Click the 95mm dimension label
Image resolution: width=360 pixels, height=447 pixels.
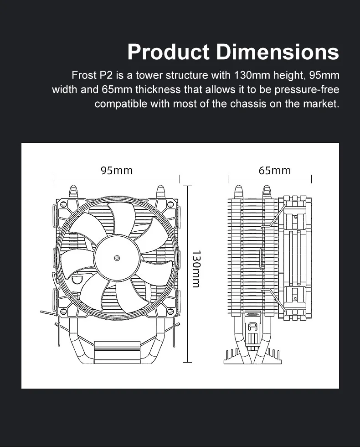117,171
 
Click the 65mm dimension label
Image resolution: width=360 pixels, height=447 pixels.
275,171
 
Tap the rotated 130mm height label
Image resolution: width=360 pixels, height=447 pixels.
196,269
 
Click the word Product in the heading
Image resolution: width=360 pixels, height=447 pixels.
168,52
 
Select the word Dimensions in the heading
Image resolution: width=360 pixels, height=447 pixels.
278,52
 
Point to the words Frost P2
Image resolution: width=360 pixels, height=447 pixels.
92,75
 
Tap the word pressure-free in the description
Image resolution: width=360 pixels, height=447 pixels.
307,89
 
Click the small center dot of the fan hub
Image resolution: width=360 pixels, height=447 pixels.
117,258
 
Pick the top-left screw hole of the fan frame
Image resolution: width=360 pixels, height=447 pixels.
64,204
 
